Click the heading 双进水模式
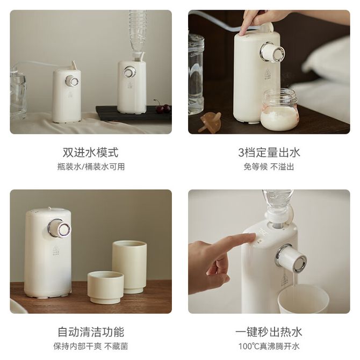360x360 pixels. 90,153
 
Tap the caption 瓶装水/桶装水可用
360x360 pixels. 91,167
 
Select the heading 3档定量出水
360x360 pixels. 269,153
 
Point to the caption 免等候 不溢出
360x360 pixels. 269,167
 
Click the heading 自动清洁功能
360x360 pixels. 91,332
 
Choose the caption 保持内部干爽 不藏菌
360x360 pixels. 91,346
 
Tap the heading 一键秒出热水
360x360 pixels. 269,332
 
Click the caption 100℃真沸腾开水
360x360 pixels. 269,346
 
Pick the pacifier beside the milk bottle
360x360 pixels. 211,121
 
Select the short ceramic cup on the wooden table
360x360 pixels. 106,287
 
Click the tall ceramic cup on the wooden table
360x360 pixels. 129,267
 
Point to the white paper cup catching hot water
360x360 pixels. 303,299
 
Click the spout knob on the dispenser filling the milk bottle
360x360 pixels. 272,52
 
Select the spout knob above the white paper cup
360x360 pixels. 292,258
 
